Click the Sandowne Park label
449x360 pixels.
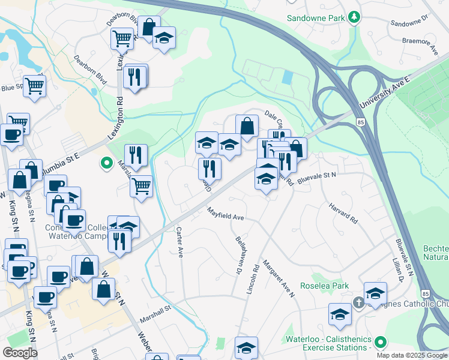tap(316, 18)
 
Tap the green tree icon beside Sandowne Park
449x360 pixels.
tap(355, 17)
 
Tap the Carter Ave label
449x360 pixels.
tap(179, 242)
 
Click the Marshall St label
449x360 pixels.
tap(156, 310)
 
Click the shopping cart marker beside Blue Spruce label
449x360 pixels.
tap(35, 86)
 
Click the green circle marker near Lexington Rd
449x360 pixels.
tap(107, 163)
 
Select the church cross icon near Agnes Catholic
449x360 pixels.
tap(359, 303)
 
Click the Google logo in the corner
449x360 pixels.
tap(20, 353)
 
